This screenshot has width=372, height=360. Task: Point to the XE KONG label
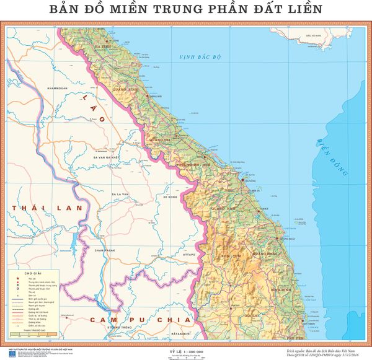coord(170,196)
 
